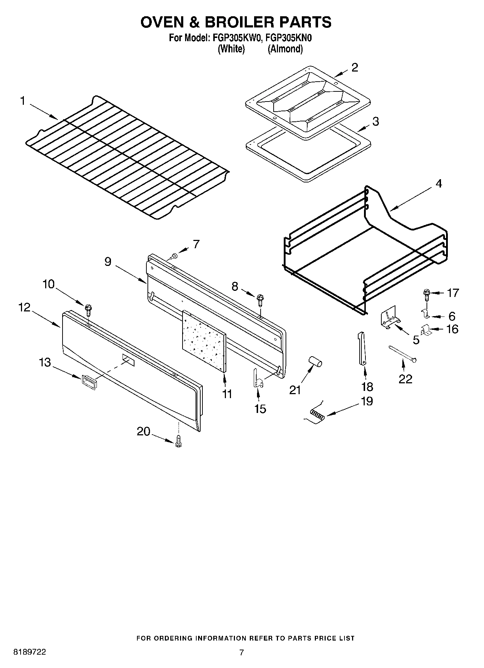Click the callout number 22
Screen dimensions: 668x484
coord(405,379)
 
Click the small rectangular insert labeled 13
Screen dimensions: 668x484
coord(89,382)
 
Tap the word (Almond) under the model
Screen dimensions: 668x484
coord(285,49)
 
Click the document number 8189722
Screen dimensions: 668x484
coord(29,652)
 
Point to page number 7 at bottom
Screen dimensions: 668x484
coord(241,652)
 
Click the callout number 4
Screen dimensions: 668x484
coord(438,184)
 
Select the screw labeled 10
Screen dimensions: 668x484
coord(88,310)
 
